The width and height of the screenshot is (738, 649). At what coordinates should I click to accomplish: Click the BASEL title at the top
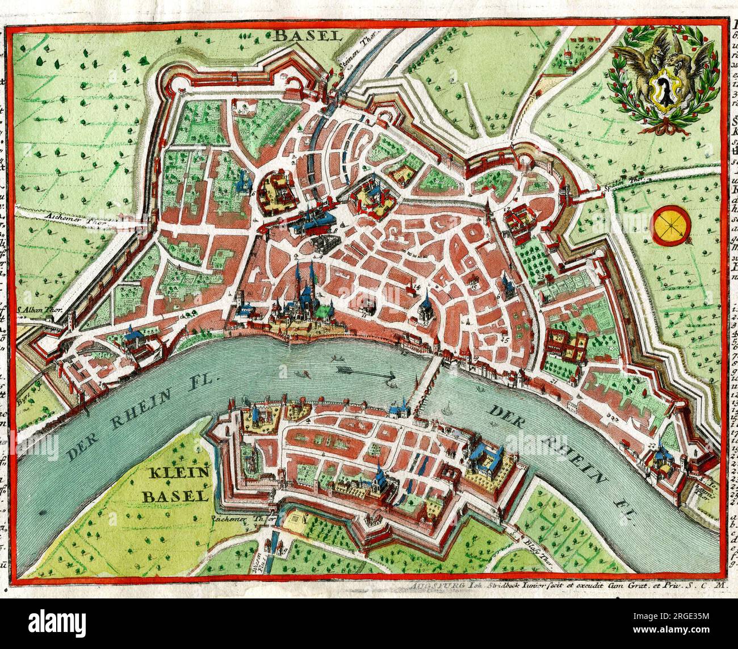(x=307, y=36)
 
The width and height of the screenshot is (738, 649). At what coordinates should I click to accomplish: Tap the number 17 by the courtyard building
(x=506, y=209)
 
